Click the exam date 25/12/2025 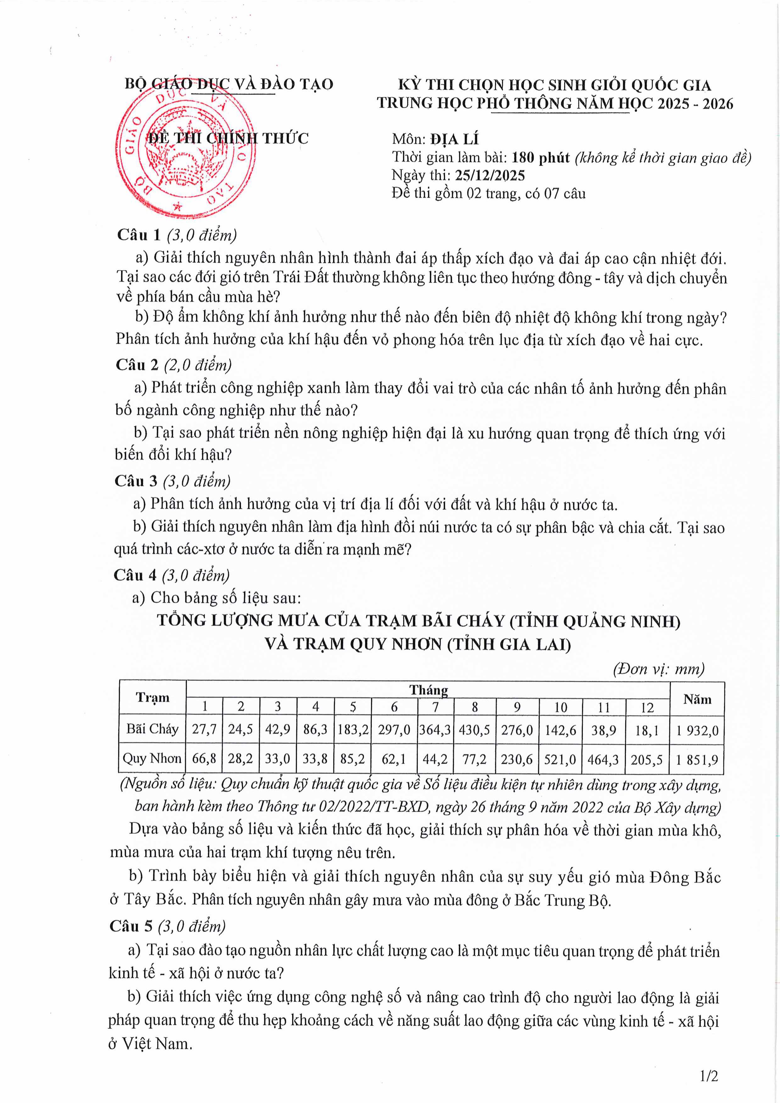pyautogui.click(x=490, y=176)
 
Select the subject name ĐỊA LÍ pyautogui.click(x=454, y=139)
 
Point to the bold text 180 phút pyautogui.click(x=540, y=157)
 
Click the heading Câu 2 pyautogui.click(x=137, y=365)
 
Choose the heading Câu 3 pyautogui.click(x=136, y=481)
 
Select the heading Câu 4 pyautogui.click(x=135, y=575)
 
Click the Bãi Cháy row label pyautogui.click(x=152, y=729)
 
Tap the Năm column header pyautogui.click(x=697, y=699)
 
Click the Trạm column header pyautogui.click(x=152, y=698)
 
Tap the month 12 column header pyautogui.click(x=647, y=708)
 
